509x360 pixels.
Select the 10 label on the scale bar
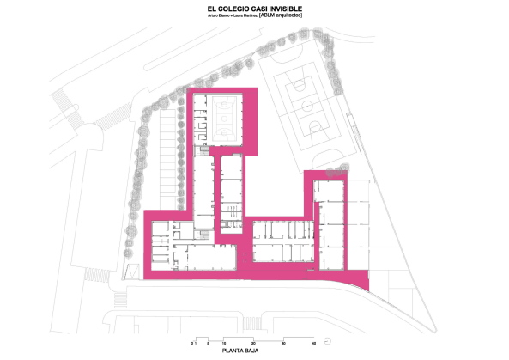coord(225,343)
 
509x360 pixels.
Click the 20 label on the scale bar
coord(254,343)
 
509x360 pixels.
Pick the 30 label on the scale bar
coord(284,343)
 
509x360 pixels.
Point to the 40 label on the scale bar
coord(314,343)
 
